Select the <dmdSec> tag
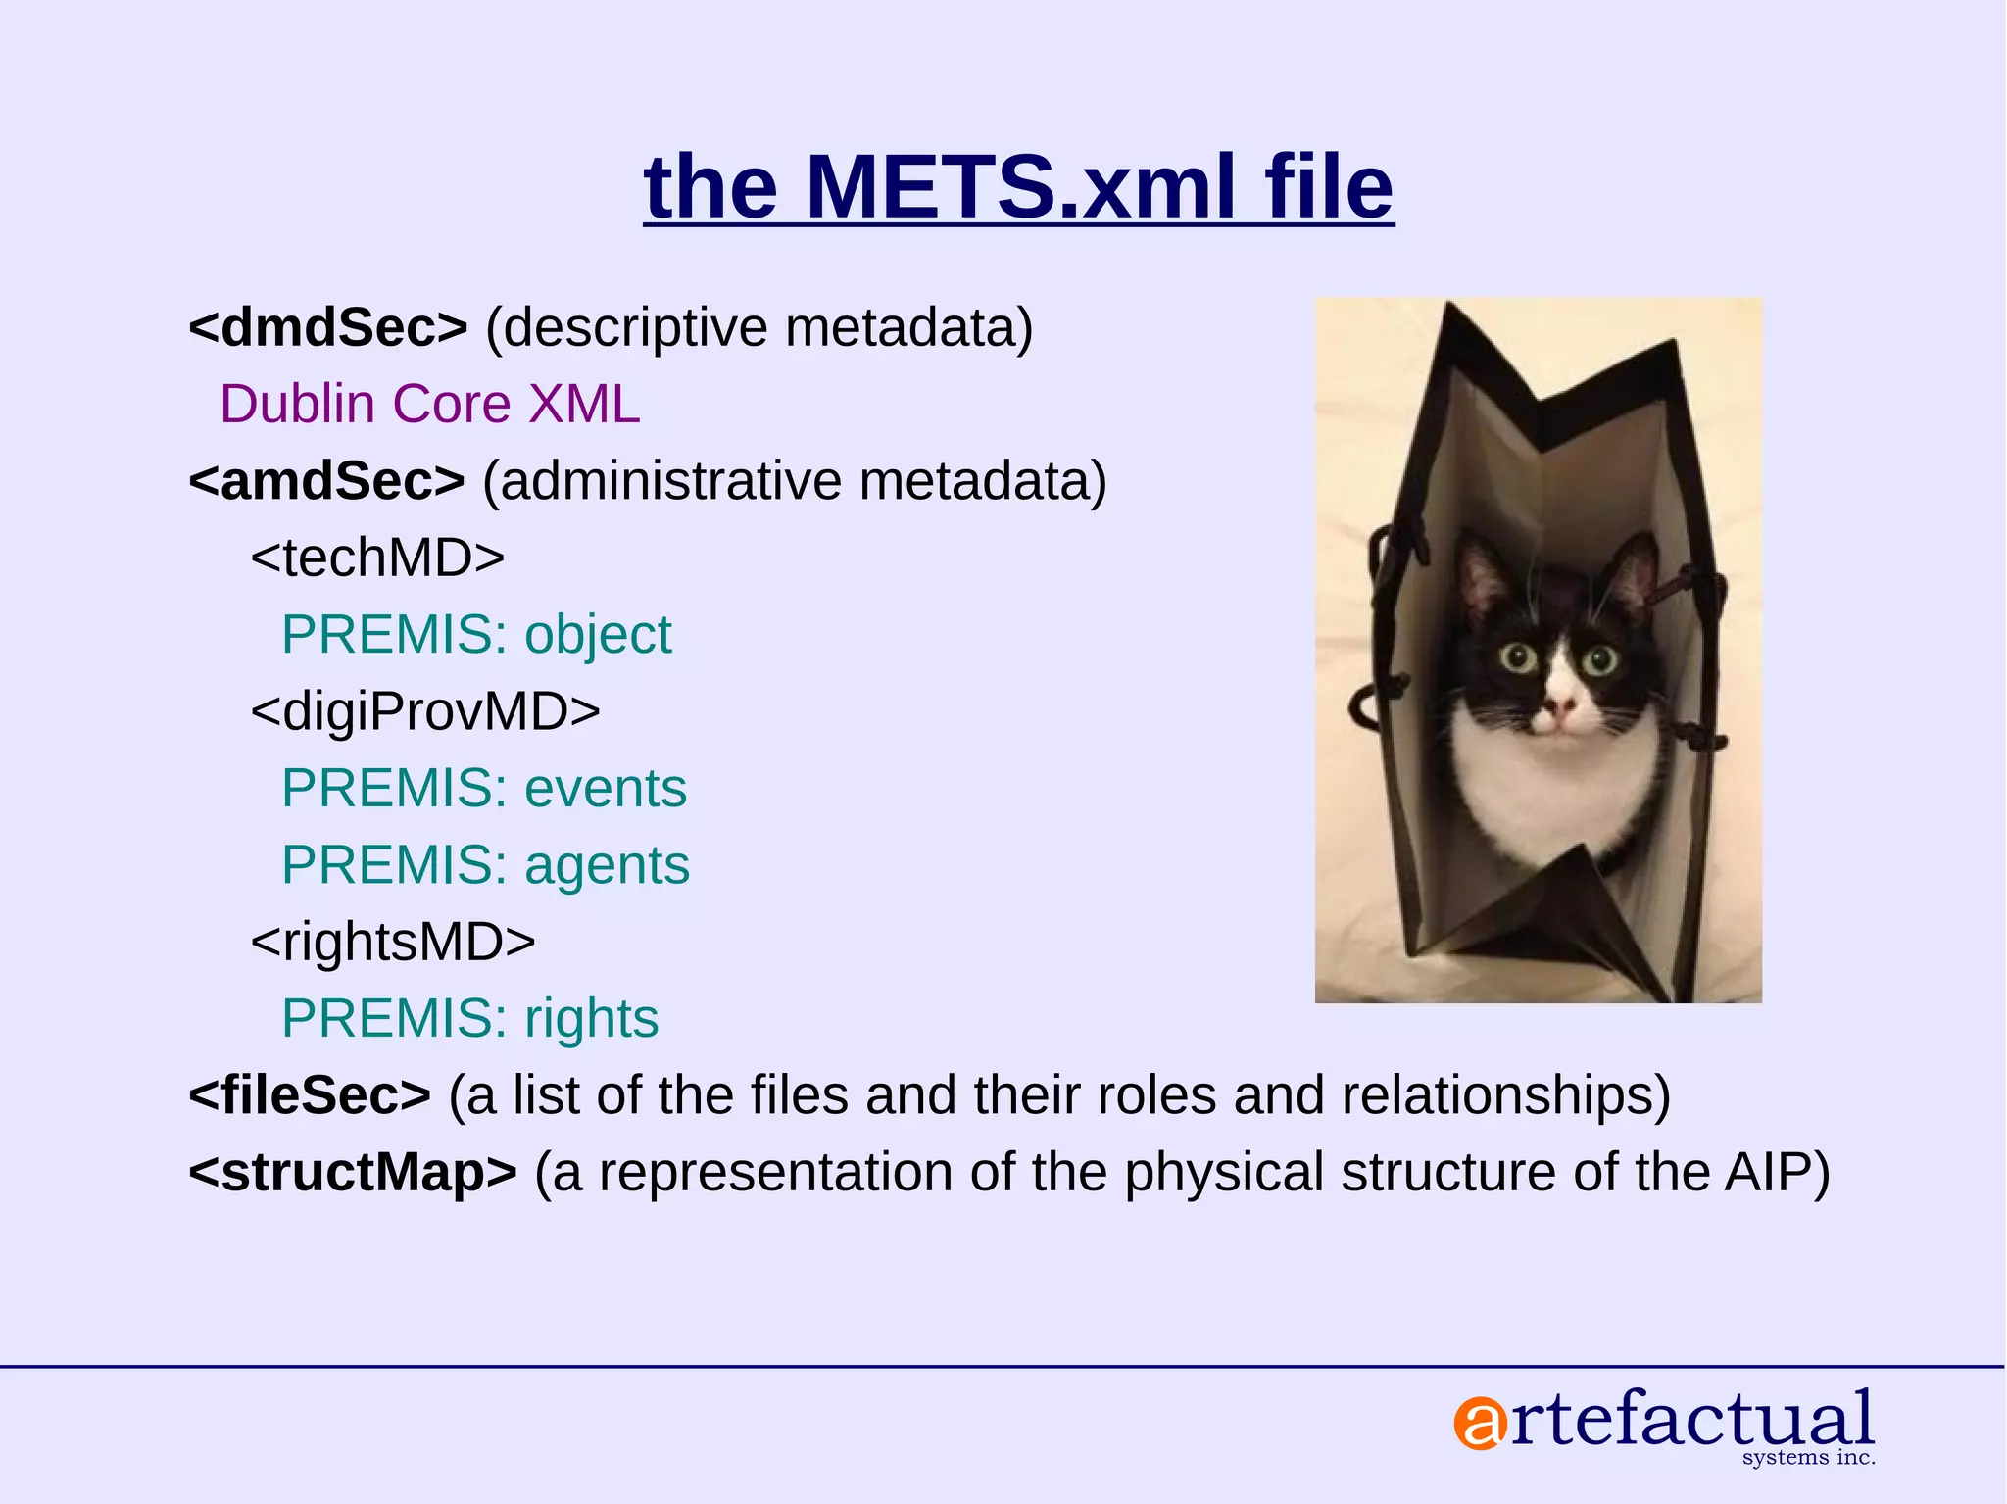pyautogui.click(x=328, y=327)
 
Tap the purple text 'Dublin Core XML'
pyautogui.click(x=429, y=404)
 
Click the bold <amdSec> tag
pyautogui.click(x=326, y=481)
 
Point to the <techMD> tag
pyautogui.click(x=377, y=558)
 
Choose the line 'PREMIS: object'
pyautogui.click(x=476, y=635)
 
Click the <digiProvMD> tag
pyautogui.click(x=425, y=711)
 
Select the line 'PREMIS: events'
pyautogui.click(x=484, y=789)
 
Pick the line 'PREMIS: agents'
pyautogui.click(x=485, y=865)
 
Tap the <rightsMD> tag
pyautogui.click(x=393, y=942)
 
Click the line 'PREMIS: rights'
pyautogui.click(x=469, y=1018)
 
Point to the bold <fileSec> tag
pyautogui.click(x=310, y=1095)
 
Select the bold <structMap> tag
pyautogui.click(x=353, y=1172)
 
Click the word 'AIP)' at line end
pyautogui.click(x=1777, y=1172)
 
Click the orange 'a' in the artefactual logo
pyautogui.click(x=1479, y=1424)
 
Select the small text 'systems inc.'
pyautogui.click(x=1808, y=1458)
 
